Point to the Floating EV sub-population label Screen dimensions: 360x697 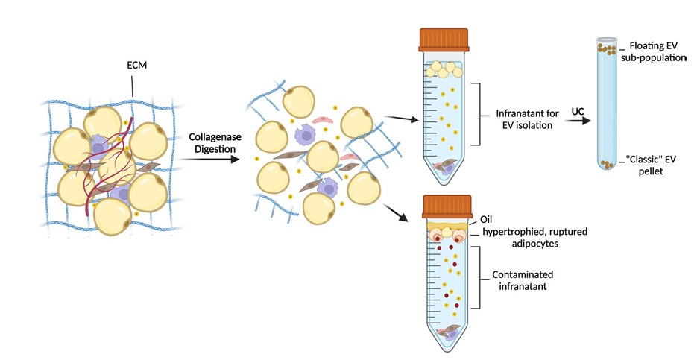click(x=655, y=52)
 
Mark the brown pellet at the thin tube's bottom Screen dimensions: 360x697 click(x=608, y=163)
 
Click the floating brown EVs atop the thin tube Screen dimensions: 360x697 click(x=607, y=49)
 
